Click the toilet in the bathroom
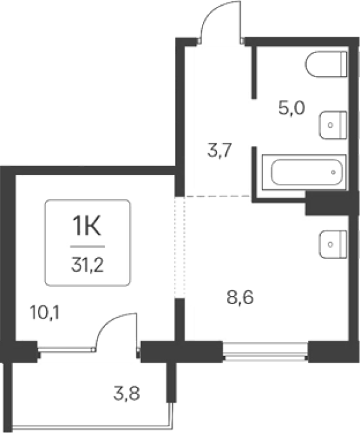point(326,64)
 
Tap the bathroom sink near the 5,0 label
point(333,125)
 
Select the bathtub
point(304,173)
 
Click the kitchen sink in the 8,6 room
point(333,245)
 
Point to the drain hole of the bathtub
point(333,173)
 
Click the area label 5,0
point(292,108)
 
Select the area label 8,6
point(240,298)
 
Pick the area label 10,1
point(44,314)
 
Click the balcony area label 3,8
point(127,393)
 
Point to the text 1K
point(86,226)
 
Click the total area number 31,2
point(87,265)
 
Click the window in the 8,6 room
point(266,351)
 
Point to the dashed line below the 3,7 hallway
point(218,196)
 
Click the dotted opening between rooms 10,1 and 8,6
point(180,247)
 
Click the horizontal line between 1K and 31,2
point(88,247)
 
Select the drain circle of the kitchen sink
point(330,245)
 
